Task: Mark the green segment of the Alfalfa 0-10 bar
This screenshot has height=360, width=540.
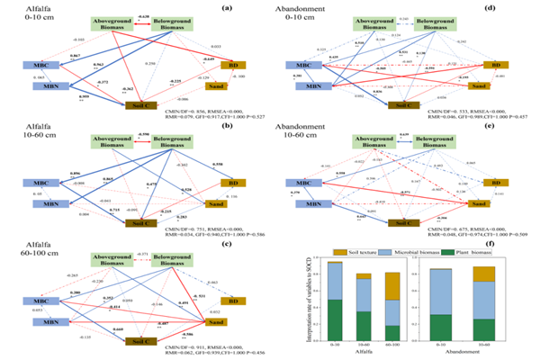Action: click(335, 320)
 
